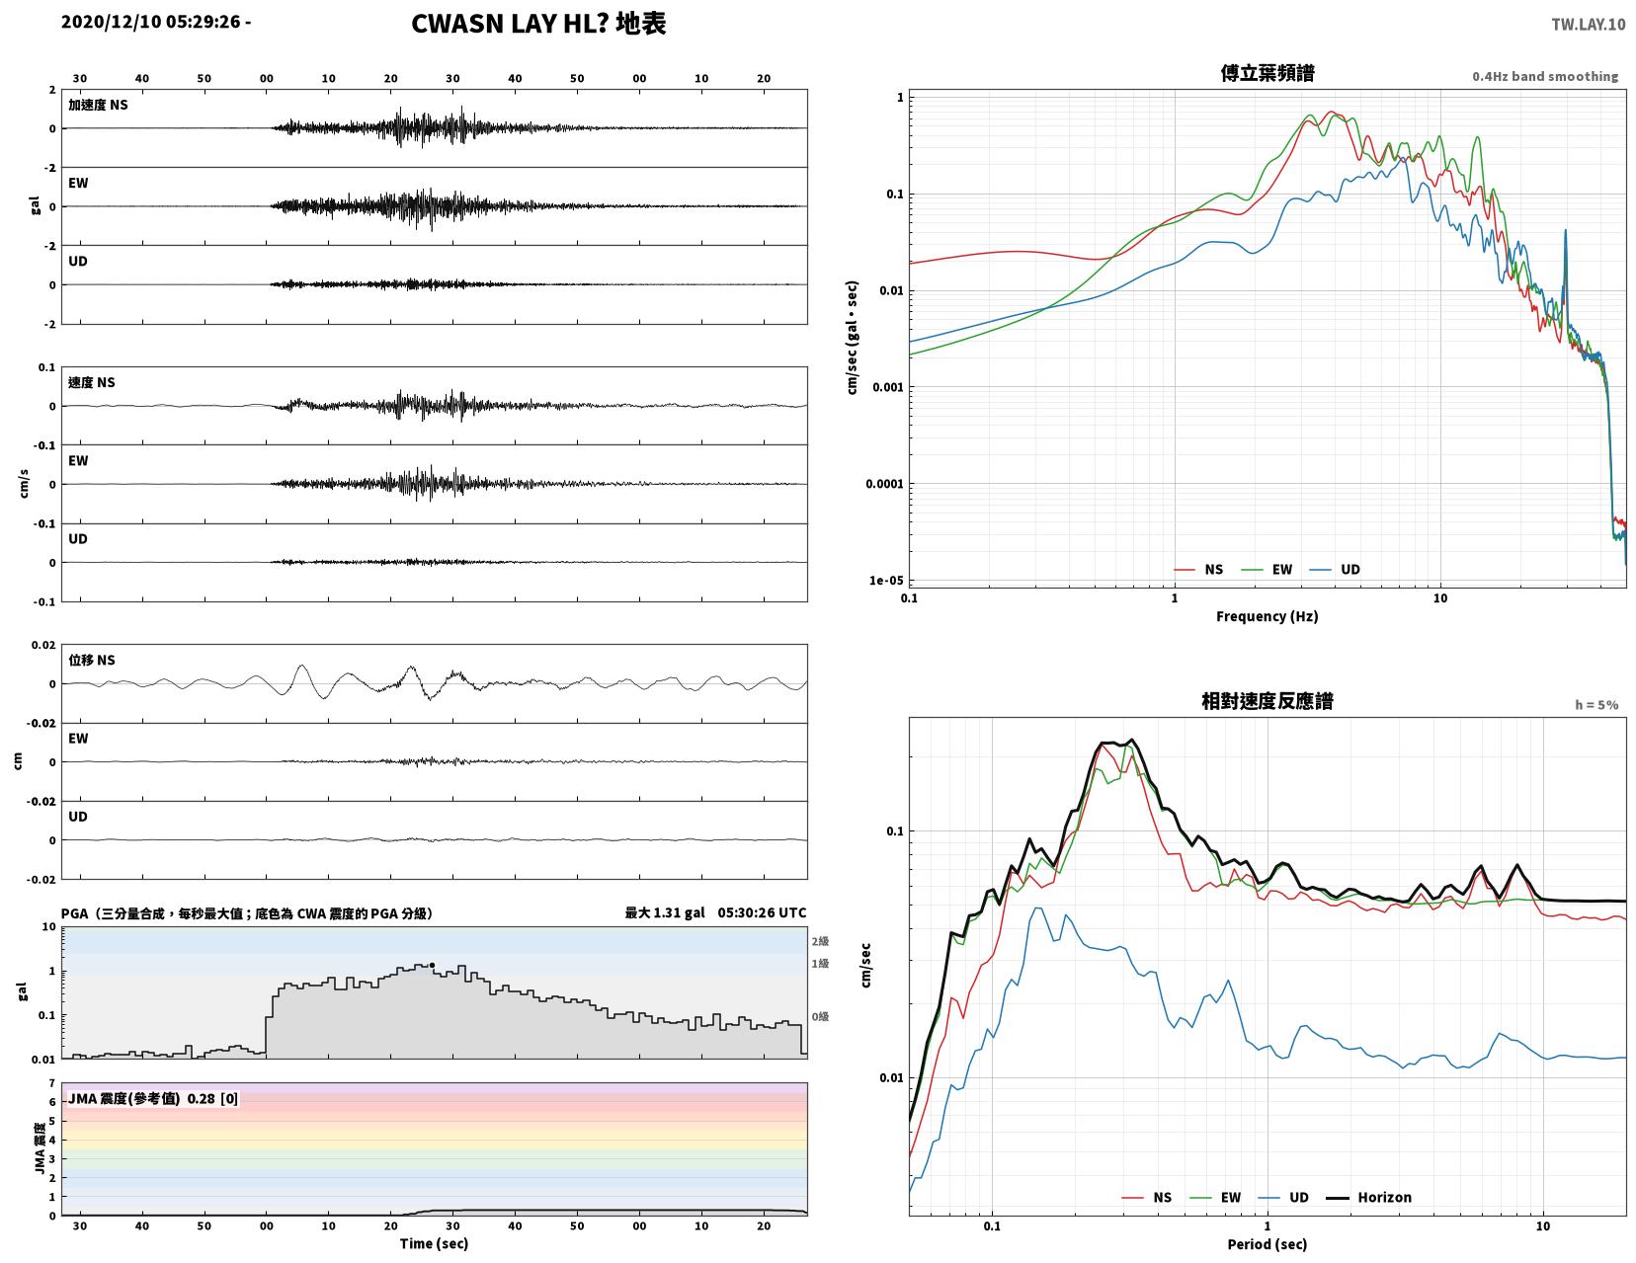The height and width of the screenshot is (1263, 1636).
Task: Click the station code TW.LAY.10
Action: pos(1587,24)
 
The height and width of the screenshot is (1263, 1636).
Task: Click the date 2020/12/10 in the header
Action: pos(111,22)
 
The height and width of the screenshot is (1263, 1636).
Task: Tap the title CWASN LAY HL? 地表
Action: pos(537,24)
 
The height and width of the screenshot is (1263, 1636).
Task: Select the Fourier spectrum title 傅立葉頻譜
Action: pos(1267,73)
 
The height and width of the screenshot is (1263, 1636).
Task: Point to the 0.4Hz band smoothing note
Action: pos(1544,76)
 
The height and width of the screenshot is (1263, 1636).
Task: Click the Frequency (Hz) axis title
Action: pos(1267,616)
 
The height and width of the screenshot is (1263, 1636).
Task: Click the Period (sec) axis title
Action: pos(1267,1243)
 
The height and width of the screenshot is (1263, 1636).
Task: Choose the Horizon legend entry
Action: pos(1367,1197)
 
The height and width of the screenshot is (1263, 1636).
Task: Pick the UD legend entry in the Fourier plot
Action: pos(1335,570)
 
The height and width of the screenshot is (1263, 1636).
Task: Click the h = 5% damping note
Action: pos(1596,705)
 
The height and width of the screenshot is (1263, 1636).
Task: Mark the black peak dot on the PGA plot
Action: pos(432,965)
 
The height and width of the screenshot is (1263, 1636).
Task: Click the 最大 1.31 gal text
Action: pos(664,912)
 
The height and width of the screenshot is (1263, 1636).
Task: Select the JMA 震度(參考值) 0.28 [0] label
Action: pos(153,1098)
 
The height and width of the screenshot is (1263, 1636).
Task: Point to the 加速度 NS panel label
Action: pos(98,105)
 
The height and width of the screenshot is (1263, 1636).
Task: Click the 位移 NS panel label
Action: pos(92,660)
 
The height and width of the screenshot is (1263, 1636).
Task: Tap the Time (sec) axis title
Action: pos(434,1243)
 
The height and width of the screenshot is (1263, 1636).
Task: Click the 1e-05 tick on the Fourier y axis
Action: pos(885,580)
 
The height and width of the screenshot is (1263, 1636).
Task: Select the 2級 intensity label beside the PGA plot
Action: pos(820,941)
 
